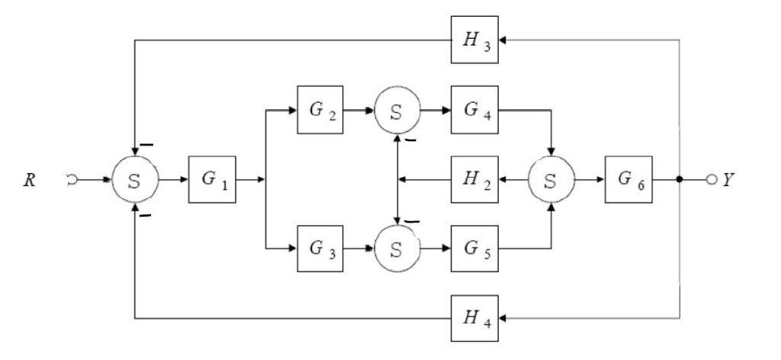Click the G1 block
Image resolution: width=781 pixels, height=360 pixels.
[x=213, y=181]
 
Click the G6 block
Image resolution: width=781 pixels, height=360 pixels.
[x=628, y=181]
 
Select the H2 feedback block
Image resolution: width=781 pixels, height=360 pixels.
[x=474, y=181]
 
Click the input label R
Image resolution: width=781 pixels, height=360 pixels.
[x=28, y=182]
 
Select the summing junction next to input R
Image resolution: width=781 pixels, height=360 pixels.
[x=135, y=181]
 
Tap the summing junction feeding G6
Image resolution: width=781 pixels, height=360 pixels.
[x=551, y=181]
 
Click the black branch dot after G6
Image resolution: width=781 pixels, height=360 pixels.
[x=679, y=181]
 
